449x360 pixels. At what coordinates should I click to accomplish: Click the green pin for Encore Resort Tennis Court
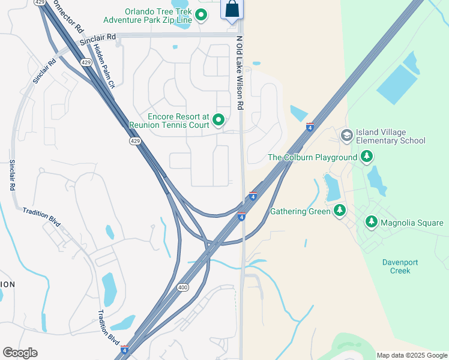coord(218,120)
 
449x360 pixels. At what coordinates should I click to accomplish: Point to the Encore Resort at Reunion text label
coord(170,121)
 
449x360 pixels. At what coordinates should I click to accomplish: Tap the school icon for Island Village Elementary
coord(346,136)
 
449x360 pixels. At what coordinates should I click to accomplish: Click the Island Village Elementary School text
coord(390,136)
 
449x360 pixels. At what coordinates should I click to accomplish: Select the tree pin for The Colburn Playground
coord(367,157)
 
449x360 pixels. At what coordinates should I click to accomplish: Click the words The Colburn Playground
coord(312,158)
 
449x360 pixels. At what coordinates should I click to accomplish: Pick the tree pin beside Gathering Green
coord(340,211)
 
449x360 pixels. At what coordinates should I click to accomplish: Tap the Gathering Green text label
coord(300,211)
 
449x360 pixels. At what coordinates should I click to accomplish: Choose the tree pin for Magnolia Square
coord(371,223)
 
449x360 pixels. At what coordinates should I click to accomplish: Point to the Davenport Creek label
coord(400,266)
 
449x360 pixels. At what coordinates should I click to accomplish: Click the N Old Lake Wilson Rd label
coord(240,73)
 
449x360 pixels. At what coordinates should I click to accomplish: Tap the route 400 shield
coord(183,288)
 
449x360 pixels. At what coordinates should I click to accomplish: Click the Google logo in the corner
coord(20,353)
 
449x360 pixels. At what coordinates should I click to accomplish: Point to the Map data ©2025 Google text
coord(412,355)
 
